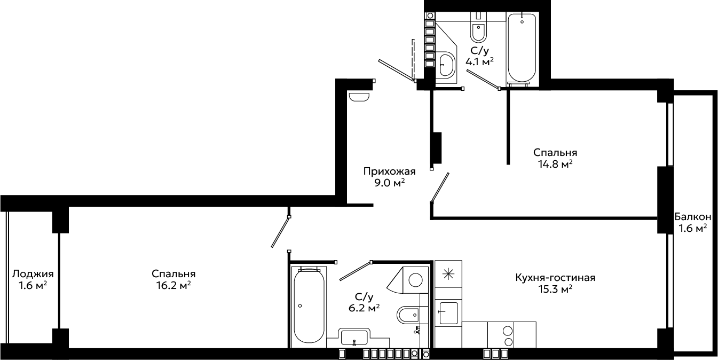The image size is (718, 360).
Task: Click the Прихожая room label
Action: click(x=389, y=171)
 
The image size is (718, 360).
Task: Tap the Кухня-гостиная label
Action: click(x=555, y=277)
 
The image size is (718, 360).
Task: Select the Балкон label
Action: click(x=693, y=217)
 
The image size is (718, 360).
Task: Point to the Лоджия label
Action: click(x=33, y=274)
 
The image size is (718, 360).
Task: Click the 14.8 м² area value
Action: click(x=555, y=165)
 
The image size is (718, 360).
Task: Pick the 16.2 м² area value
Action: click(x=173, y=285)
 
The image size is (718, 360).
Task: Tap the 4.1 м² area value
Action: click(x=479, y=61)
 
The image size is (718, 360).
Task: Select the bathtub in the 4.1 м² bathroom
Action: click(x=522, y=48)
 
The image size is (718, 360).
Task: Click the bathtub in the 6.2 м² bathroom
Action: click(x=309, y=306)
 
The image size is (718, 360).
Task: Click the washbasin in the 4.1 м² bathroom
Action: click(x=446, y=65)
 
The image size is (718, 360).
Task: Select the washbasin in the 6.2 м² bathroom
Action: click(x=354, y=337)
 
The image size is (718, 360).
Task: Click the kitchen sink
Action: click(x=448, y=313)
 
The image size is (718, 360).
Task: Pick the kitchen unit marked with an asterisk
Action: click(x=448, y=273)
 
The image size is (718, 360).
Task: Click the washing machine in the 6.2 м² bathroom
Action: click(x=415, y=280)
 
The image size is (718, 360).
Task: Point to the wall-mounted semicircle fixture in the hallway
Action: click(x=359, y=97)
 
